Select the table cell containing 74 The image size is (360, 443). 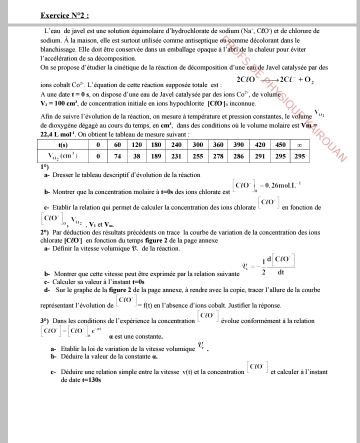118,156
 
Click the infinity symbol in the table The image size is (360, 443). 299,144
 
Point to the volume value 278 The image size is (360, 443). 218,156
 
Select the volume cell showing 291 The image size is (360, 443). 259,156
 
